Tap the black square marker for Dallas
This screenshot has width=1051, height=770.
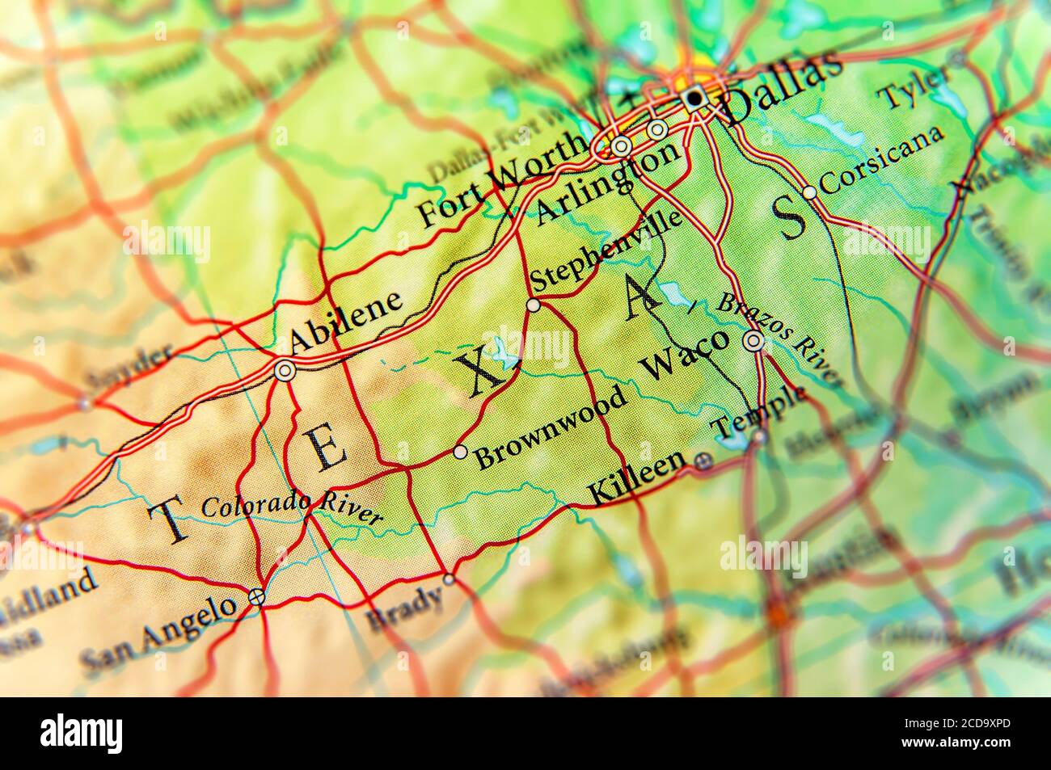693,99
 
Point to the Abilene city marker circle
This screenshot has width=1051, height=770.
285,371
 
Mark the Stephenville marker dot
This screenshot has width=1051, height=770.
533,305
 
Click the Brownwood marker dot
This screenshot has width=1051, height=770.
460,452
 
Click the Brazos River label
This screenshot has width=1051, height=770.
780,339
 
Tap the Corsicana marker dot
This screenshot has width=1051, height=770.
809,192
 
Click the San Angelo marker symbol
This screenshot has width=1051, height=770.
256,597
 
